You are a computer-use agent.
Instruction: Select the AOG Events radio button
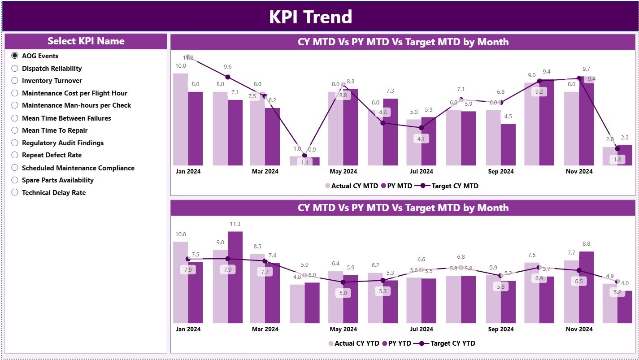point(15,56)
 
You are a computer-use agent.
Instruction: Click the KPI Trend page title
point(310,17)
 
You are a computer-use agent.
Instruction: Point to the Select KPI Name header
point(86,41)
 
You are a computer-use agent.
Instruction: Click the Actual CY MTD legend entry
point(351,186)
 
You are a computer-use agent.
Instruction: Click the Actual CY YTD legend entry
point(353,343)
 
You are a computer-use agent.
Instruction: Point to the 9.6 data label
point(228,67)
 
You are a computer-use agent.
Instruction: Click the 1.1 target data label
point(304,163)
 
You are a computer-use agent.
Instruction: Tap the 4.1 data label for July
point(421,139)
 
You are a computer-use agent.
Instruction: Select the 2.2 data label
point(625,137)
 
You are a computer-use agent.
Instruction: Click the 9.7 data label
point(586,69)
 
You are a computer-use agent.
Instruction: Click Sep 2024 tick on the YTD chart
point(500,329)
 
